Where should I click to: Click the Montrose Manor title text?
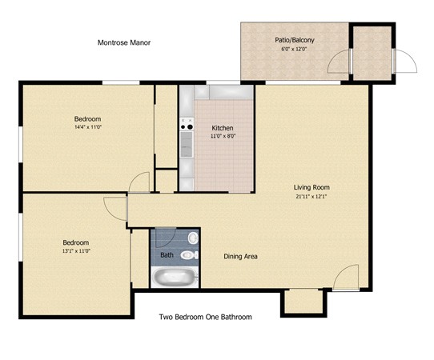(x=124, y=42)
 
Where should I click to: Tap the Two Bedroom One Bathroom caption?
(x=205, y=317)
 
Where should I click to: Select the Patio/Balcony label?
(x=295, y=40)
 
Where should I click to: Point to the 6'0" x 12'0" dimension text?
(x=294, y=50)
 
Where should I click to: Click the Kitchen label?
(x=223, y=128)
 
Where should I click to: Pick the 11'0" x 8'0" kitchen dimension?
(x=223, y=136)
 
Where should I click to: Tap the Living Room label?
(x=311, y=187)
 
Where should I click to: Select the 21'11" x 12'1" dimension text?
(x=311, y=197)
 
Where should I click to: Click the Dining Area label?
(x=240, y=257)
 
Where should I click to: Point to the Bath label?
(x=167, y=255)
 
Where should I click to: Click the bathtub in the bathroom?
(x=175, y=278)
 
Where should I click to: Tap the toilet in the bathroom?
(x=190, y=255)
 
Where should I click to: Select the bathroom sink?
(x=193, y=238)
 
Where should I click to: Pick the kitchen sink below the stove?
(x=187, y=144)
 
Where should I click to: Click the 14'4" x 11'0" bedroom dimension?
(x=87, y=127)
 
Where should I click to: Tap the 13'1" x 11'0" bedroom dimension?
(x=76, y=251)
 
